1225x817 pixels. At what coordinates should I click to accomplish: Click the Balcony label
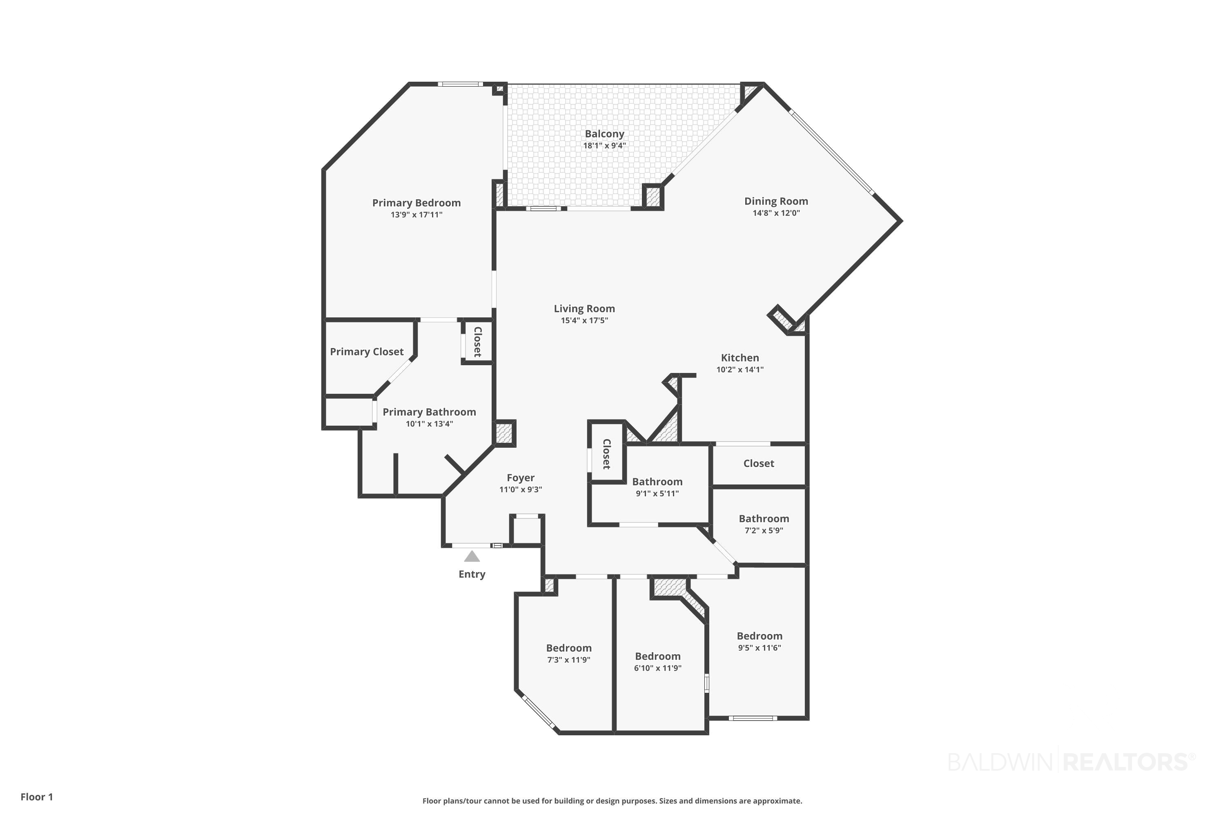(604, 134)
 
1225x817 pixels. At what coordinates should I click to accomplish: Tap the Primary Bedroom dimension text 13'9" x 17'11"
(416, 215)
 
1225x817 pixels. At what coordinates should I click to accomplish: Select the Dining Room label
(776, 201)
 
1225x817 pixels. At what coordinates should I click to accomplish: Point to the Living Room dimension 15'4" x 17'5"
(584, 320)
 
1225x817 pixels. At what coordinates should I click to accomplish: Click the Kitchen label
(739, 358)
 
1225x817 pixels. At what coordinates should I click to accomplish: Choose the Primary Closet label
(367, 352)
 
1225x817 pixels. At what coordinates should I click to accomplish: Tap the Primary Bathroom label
(429, 412)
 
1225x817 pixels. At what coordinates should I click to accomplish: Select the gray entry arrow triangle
(472, 556)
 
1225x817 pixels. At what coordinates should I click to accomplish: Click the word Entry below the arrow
(472, 574)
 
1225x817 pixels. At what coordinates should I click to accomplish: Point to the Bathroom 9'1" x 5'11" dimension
(657, 493)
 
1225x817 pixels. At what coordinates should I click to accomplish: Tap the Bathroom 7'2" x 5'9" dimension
(764, 530)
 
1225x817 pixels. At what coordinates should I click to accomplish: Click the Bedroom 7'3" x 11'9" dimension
(568, 660)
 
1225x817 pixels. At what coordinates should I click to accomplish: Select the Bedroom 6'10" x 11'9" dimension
(657, 668)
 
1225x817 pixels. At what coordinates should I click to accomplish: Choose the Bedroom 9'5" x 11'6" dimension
(759, 647)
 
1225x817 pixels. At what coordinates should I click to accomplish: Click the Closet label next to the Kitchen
(758, 463)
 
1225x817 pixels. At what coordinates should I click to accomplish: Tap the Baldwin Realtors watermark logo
(1071, 762)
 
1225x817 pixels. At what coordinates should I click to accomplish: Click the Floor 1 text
(36, 797)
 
